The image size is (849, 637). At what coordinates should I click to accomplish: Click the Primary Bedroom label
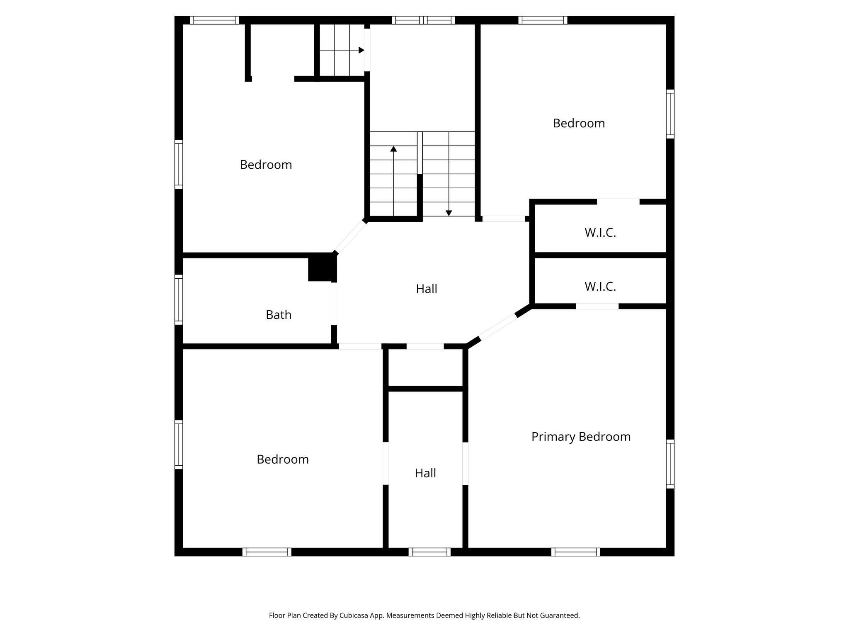pos(581,437)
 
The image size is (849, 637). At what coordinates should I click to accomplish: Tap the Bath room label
pos(279,315)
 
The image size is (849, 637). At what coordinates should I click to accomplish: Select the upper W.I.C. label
pos(600,233)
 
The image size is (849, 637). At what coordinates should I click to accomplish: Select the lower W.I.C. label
pos(600,287)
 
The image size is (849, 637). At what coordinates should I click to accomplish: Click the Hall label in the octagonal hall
pos(427,289)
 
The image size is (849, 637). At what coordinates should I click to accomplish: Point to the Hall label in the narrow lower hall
pos(425,473)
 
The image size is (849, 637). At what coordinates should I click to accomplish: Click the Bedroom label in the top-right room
pos(579,123)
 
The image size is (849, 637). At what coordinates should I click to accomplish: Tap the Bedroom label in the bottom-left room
pos(283,460)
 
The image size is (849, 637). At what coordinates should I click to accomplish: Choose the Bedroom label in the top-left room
pos(266,165)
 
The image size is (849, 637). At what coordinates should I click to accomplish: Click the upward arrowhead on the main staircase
pos(393,148)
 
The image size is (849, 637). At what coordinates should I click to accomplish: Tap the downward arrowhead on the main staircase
pos(449,213)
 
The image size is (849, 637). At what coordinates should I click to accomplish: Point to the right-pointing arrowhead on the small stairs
pos(361,50)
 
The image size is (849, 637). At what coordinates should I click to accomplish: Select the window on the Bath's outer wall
pos(179,299)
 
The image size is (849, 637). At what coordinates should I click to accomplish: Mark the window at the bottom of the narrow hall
pos(429,552)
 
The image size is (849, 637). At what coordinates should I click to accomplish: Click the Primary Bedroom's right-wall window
pos(670,464)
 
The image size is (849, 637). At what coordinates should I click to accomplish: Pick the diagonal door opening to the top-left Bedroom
pos(351,237)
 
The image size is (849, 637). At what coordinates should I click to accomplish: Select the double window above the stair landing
pos(423,20)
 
